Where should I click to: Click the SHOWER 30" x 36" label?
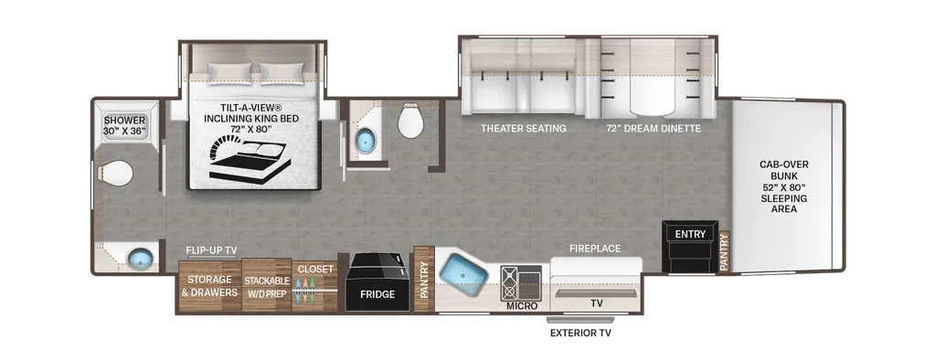point(124,126)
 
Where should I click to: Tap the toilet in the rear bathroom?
point(116,173)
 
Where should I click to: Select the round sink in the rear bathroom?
point(140,259)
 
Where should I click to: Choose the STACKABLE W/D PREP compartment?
point(266,286)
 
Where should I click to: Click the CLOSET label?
point(315,270)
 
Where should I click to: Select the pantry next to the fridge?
point(422,279)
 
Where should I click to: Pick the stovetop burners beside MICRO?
point(521,282)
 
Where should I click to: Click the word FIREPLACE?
point(594,249)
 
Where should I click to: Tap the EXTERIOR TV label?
point(580,334)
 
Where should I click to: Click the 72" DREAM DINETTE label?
point(653,128)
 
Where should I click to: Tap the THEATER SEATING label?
point(524,128)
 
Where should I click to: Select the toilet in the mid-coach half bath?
point(410,121)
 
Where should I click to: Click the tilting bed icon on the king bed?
point(248,158)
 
